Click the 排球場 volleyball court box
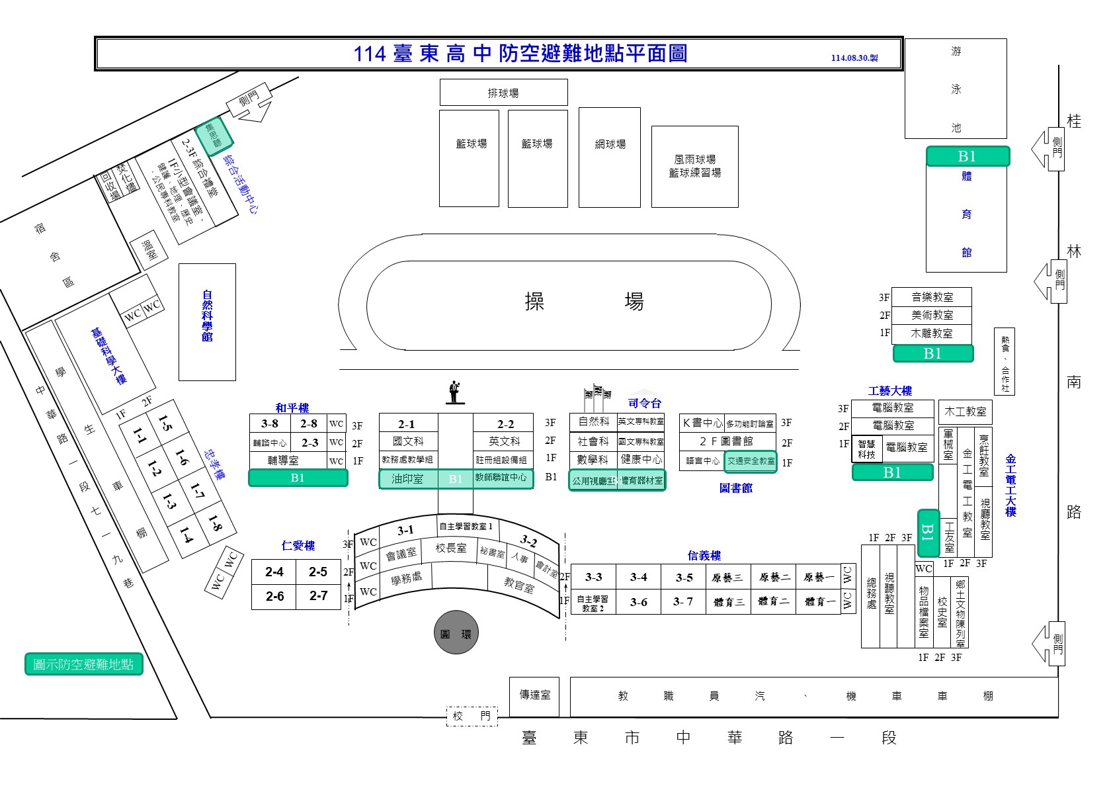coord(503,93)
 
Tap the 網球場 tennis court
coord(610,157)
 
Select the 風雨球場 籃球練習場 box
coord(694,166)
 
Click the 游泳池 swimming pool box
coord(956,89)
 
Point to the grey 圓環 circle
coord(456,633)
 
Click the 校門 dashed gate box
coord(472,716)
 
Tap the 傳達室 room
coord(534,695)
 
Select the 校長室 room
coord(451,548)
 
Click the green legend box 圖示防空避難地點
coord(83,664)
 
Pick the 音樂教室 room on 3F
coord(932,297)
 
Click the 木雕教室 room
coord(932,333)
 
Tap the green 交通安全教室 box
coord(751,461)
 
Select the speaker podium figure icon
coord(454,392)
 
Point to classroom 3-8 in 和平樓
coord(270,423)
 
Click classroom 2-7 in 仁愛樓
coord(318,595)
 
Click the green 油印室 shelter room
coord(407,478)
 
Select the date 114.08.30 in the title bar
coord(854,58)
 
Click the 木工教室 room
coord(965,412)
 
